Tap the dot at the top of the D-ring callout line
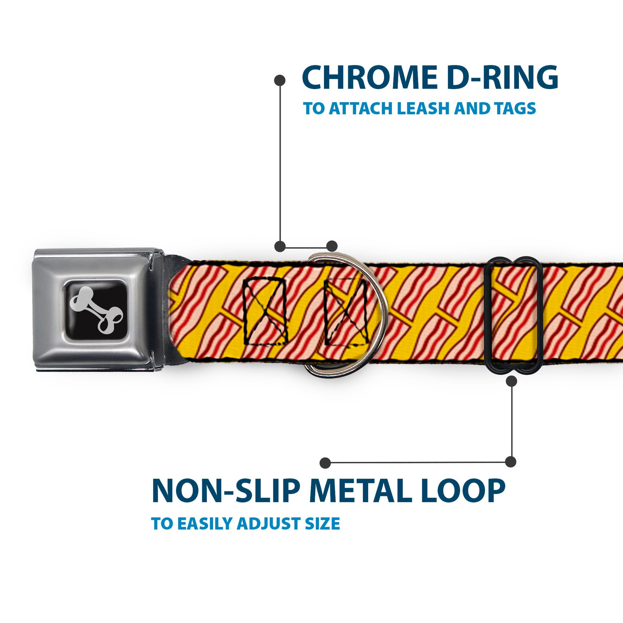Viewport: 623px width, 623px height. pos(279,80)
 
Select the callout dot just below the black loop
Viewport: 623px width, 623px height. pos(511,381)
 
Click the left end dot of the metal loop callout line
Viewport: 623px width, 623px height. pos(325,463)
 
